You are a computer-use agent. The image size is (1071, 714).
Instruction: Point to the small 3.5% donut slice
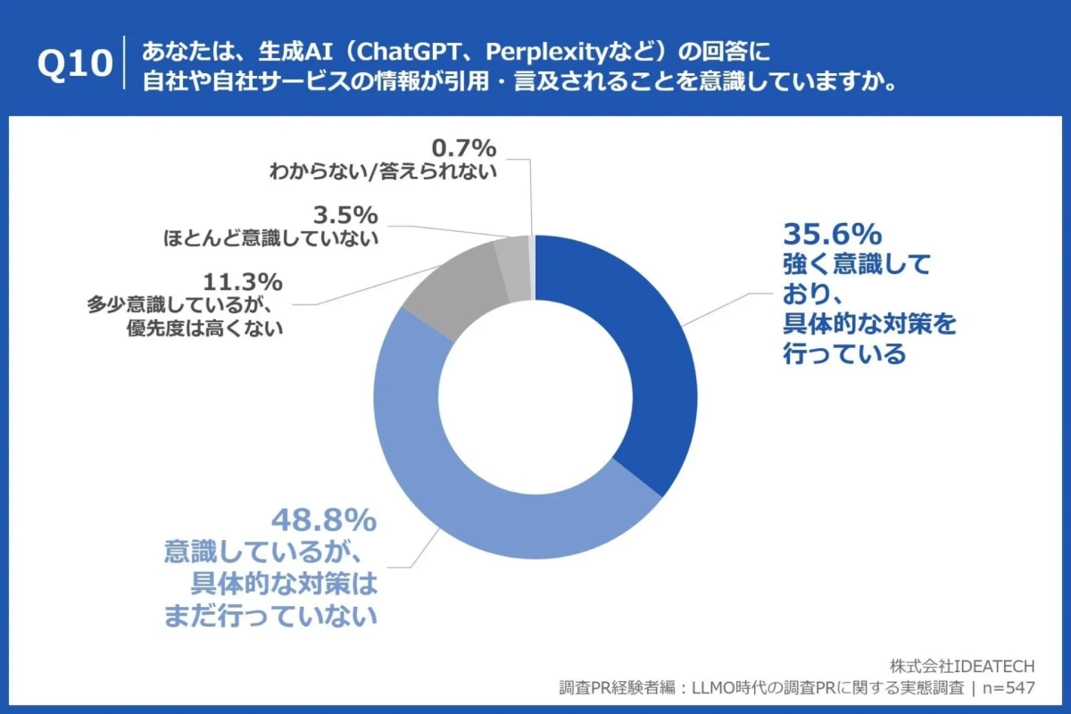512,256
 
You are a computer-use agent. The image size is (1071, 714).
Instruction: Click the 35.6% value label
832,234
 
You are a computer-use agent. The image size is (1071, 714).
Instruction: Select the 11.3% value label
243,282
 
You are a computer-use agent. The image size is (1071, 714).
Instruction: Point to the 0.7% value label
463,146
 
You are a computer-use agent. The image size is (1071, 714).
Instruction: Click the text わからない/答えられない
383,171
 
